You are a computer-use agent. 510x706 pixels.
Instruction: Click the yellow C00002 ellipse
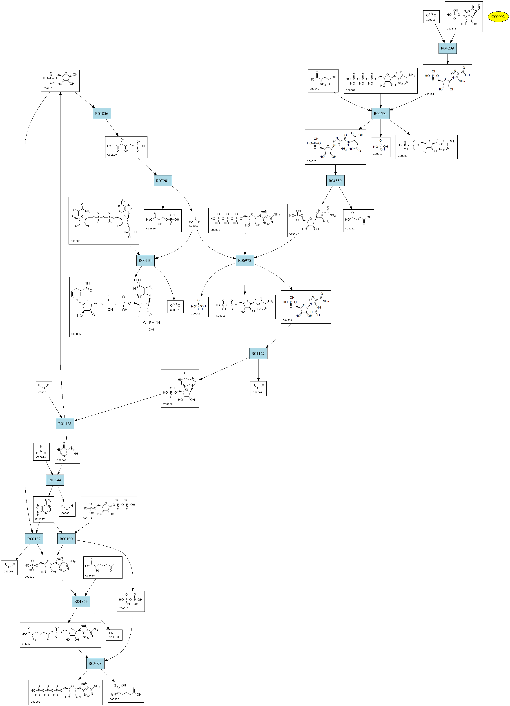(x=498, y=17)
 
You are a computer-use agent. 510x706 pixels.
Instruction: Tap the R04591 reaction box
(x=380, y=114)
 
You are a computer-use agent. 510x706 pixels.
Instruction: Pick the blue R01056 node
(x=102, y=114)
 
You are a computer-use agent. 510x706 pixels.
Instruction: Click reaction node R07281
(x=163, y=181)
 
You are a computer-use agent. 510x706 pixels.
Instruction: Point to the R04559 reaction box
(x=335, y=181)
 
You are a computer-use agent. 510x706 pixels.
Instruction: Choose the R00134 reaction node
(x=145, y=260)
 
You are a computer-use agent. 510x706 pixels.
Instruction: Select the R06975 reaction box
(x=245, y=260)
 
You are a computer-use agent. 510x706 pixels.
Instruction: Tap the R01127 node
(x=258, y=354)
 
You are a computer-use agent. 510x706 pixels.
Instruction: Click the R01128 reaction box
(x=65, y=424)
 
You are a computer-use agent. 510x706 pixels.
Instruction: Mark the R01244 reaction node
(x=55, y=480)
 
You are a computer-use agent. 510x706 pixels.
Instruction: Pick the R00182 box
(x=34, y=539)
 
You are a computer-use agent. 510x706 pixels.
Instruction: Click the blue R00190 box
(x=66, y=539)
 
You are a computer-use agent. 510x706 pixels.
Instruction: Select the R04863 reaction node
(x=81, y=601)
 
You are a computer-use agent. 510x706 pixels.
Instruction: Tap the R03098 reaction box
(x=95, y=663)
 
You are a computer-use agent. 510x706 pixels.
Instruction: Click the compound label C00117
(x=48, y=88)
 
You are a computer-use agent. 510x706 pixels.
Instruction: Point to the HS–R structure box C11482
(x=114, y=635)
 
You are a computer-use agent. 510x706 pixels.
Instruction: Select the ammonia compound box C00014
(x=41, y=452)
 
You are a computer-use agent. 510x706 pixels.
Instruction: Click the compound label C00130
(x=168, y=404)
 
